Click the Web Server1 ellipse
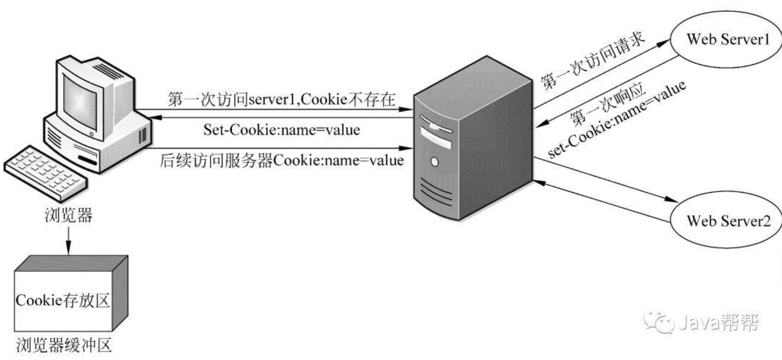[x=725, y=39]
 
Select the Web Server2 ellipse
[x=726, y=220]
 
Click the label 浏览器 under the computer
[x=68, y=215]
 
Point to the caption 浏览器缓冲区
[x=64, y=345]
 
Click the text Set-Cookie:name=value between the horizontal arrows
[x=282, y=130]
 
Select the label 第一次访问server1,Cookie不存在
[x=281, y=99]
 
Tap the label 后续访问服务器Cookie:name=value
[x=282, y=160]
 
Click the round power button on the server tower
[x=435, y=162]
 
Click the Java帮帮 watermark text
[x=719, y=322]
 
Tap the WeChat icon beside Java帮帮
[x=659, y=322]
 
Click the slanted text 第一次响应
[x=607, y=105]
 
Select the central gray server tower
[x=473, y=138]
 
